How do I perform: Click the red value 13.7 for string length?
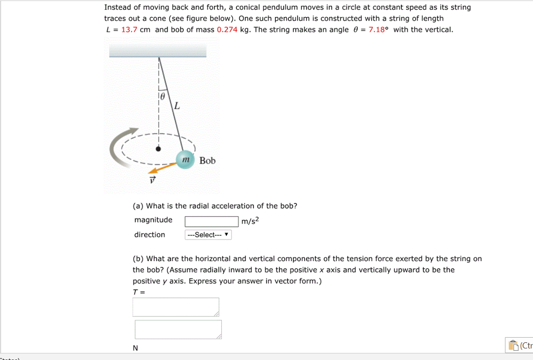click(x=129, y=30)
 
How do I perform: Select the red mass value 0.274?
click(x=227, y=30)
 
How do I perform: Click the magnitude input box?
click(x=212, y=222)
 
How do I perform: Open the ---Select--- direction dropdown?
click(x=208, y=235)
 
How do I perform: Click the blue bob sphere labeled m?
click(x=184, y=160)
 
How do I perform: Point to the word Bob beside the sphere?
click(x=207, y=161)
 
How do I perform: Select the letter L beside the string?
click(x=177, y=107)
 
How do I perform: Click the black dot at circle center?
click(x=159, y=149)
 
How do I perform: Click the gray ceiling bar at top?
click(x=158, y=50)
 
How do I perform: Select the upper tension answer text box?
click(x=176, y=307)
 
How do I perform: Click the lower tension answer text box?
click(x=178, y=329)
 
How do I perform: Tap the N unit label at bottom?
click(x=135, y=348)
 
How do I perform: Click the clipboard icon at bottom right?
click(x=513, y=345)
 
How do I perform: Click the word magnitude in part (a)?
click(x=153, y=220)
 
